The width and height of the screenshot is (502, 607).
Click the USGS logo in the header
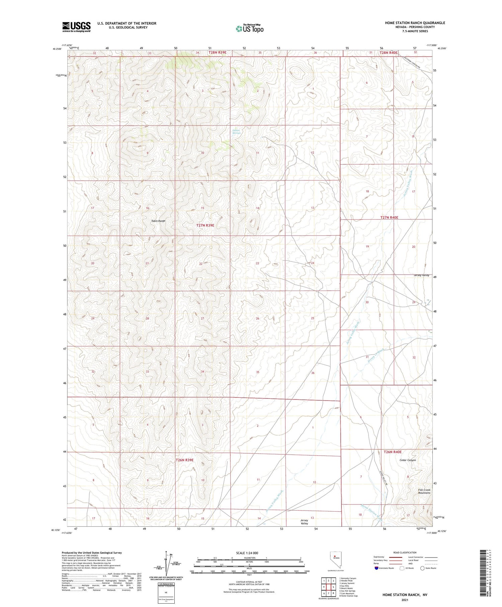(x=76, y=27)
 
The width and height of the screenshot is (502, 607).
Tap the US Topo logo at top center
(x=250, y=28)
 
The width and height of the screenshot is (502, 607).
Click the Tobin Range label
(x=158, y=221)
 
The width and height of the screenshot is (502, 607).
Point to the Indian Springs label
(x=237, y=132)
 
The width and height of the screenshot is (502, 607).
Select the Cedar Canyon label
(x=408, y=460)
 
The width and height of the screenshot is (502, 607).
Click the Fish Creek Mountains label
(x=424, y=491)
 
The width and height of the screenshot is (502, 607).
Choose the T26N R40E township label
(x=392, y=452)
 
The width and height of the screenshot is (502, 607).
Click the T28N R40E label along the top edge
(x=388, y=53)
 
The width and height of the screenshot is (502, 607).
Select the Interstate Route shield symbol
(x=376, y=568)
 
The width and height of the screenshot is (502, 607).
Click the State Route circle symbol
(x=422, y=568)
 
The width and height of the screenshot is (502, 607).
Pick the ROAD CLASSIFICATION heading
(x=405, y=552)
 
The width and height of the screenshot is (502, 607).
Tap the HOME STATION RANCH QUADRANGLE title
(x=415, y=23)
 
